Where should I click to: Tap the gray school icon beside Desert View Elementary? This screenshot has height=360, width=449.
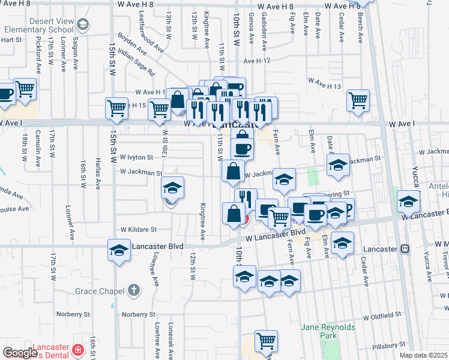pos(83,25)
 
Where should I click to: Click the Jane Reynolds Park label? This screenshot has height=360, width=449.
pos(328,331)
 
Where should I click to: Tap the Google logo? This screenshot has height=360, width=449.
pos(20,353)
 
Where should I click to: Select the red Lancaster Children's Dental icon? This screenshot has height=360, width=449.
pos(77,350)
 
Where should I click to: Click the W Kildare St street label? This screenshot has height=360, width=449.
pos(138,229)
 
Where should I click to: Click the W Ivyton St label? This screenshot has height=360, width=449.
pos(137,157)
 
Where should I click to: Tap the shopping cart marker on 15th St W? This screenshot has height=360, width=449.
pos(117,108)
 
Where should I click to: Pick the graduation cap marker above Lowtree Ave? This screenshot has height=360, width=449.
pos(119,249)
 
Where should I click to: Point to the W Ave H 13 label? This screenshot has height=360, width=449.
pos(325,86)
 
